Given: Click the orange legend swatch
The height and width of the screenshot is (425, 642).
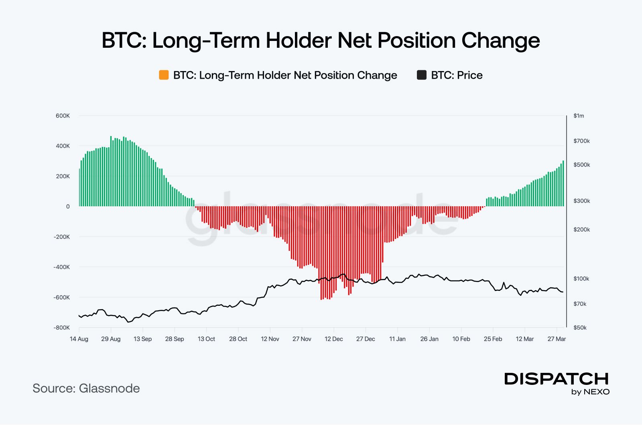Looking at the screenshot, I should pos(164,75).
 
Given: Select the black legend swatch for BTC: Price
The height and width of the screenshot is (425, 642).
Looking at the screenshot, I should pos(422,75).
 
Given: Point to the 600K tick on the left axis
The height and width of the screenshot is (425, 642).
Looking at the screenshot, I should pos(63,116).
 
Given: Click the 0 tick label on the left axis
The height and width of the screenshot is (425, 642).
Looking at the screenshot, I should pos(68,206).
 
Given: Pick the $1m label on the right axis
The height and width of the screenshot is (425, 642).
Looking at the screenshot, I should pos(579,116).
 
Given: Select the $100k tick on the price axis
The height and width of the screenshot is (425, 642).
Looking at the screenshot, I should pos(581,279).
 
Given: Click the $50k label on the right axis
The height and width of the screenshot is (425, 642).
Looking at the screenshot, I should pos(580,327).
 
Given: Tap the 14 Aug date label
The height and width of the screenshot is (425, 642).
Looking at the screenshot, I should pos(79,339).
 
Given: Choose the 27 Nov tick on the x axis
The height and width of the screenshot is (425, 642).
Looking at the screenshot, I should pos(302,339).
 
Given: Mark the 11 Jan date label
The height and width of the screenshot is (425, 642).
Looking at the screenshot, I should pos(397,339).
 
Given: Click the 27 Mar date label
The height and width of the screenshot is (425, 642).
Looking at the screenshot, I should pos(557,339).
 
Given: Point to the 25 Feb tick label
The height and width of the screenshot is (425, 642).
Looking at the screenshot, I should pos(493,339).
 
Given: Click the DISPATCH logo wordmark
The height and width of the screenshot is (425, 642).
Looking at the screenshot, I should pos(556,378).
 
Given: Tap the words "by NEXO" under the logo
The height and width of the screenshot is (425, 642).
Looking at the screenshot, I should pos(590,392).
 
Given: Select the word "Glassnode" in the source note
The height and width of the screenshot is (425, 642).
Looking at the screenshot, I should pos(109,388).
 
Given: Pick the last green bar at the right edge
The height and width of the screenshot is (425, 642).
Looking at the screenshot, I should pos(563,183).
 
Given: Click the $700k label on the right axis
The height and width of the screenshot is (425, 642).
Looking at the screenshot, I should pos(581,141).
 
